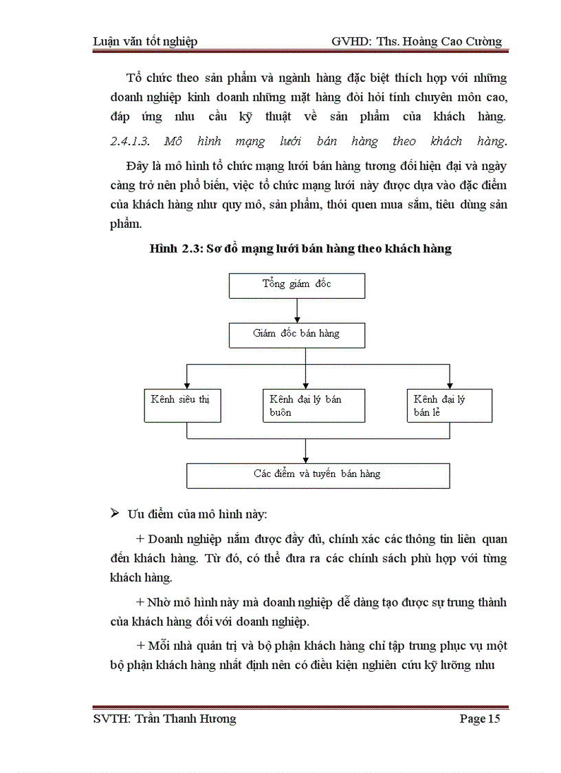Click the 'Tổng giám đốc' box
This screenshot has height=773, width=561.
point(297,285)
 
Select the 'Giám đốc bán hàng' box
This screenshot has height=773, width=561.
point(297,335)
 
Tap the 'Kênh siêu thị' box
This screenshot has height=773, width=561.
point(182,405)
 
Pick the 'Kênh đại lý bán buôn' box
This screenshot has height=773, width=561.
point(314,405)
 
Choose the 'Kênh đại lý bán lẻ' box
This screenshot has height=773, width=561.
point(449,405)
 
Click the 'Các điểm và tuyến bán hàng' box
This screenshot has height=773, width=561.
point(318,475)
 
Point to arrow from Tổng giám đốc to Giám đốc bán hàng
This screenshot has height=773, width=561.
point(297,310)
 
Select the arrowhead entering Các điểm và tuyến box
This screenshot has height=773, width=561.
point(305,459)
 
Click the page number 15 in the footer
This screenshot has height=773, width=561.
point(494,719)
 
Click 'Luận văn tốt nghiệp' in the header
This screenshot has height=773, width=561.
point(145,41)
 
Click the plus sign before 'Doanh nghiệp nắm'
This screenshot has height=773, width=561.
point(141,538)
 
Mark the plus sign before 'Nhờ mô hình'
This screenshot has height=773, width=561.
point(141,602)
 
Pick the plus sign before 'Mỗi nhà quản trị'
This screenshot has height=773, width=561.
point(141,646)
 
